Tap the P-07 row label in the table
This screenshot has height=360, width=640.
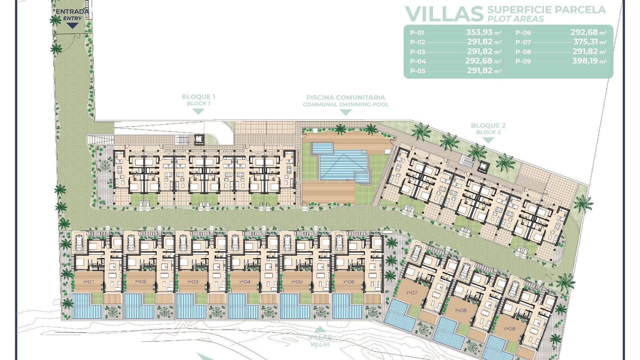(523, 42)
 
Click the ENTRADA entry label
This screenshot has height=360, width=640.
(72, 11)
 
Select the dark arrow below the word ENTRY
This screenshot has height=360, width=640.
(72, 26)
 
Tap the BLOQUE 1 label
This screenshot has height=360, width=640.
(198, 97)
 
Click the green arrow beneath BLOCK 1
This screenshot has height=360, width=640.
(198, 112)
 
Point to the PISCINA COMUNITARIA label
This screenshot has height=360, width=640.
(345, 97)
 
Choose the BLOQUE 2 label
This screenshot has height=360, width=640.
(488, 125)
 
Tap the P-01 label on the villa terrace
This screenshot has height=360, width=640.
(89, 282)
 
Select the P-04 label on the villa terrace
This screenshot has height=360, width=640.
(245, 282)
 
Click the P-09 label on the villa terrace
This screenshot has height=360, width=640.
(509, 329)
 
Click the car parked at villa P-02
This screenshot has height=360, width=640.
(131, 243)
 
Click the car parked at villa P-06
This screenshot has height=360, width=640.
(339, 243)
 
